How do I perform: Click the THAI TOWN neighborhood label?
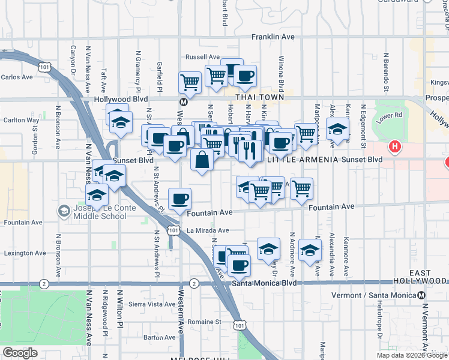[259, 97]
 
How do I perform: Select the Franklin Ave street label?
[273, 37]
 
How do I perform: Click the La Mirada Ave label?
[208, 230]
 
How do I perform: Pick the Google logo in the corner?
[20, 353]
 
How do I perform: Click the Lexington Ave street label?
[25, 253]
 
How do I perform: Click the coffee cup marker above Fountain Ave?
[179, 199]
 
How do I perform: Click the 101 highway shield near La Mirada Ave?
[173, 230]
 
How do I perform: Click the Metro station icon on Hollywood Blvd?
[183, 101]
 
